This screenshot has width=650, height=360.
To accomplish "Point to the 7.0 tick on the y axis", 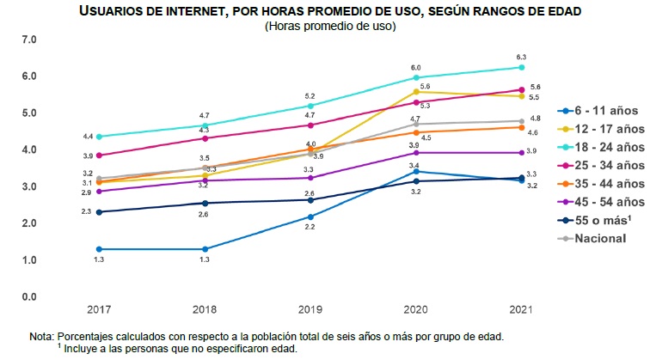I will click(x=29, y=40).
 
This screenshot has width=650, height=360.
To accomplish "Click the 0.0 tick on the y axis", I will click(x=29, y=297).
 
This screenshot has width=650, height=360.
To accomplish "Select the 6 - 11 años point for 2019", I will click(x=310, y=217).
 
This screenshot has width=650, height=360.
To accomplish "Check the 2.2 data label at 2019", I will click(x=310, y=228).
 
